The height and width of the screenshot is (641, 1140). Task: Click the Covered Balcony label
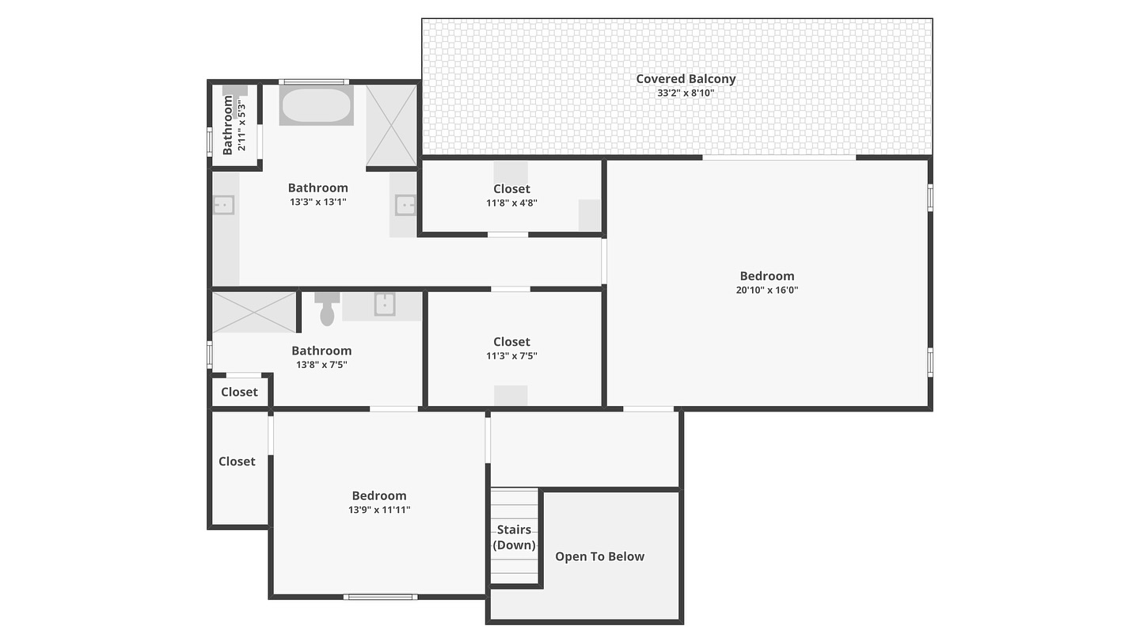(x=686, y=79)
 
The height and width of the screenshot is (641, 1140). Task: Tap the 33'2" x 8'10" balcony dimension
(x=686, y=93)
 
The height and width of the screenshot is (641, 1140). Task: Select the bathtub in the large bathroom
(x=316, y=105)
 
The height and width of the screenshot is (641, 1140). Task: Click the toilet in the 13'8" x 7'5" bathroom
(x=327, y=309)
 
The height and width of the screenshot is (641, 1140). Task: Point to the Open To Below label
(x=599, y=556)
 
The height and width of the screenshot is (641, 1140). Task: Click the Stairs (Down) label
(x=514, y=537)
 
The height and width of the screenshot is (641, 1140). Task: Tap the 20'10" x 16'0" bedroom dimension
(x=767, y=290)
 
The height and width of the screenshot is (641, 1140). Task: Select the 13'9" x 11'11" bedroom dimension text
(x=379, y=510)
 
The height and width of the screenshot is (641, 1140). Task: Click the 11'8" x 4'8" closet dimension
(x=511, y=203)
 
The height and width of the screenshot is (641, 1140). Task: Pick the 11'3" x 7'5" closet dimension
(x=511, y=355)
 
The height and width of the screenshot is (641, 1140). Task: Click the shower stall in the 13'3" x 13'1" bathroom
(x=391, y=126)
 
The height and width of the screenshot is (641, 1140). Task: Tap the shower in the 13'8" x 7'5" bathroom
(x=254, y=313)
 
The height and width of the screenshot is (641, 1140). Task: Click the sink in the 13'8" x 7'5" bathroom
(x=385, y=304)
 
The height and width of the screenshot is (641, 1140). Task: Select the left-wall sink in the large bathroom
(x=223, y=206)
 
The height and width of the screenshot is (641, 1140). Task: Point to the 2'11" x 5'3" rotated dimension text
(x=241, y=127)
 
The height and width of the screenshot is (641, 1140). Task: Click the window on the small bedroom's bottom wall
(x=380, y=597)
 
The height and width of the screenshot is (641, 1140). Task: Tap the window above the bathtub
(x=313, y=82)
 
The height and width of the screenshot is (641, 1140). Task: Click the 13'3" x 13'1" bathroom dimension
(x=318, y=202)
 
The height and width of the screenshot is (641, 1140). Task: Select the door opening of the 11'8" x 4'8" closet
(x=508, y=234)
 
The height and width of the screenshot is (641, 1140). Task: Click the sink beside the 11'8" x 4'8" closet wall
(x=405, y=206)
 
